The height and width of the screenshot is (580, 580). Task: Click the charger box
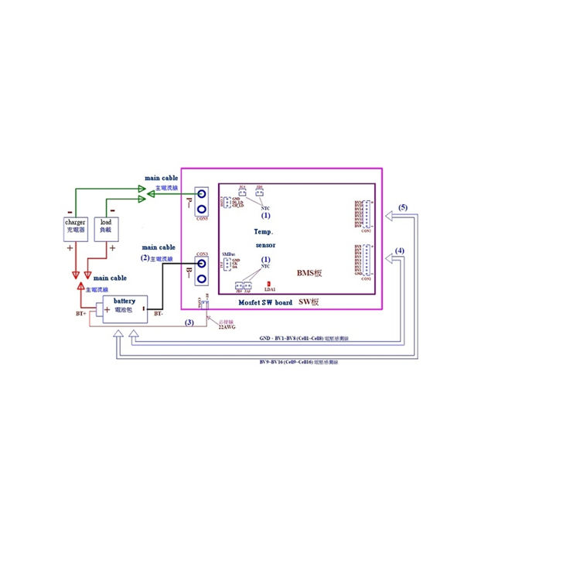[78, 228]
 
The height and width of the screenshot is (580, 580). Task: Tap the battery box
[125, 305]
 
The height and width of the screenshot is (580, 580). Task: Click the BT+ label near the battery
[80, 315]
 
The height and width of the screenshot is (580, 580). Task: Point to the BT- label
[158, 315]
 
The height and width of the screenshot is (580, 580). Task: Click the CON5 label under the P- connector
[202, 219]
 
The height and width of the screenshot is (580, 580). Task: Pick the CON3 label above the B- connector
[202, 254]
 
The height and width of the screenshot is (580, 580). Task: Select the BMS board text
[309, 273]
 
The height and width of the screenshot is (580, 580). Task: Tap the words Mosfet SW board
[266, 302]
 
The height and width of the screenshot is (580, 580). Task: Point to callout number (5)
[402, 208]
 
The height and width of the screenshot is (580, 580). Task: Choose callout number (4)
[399, 251]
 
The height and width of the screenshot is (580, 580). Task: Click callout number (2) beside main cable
[145, 257]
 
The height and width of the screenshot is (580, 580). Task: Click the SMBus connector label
[227, 254]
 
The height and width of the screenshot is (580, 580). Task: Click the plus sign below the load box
[112, 247]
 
